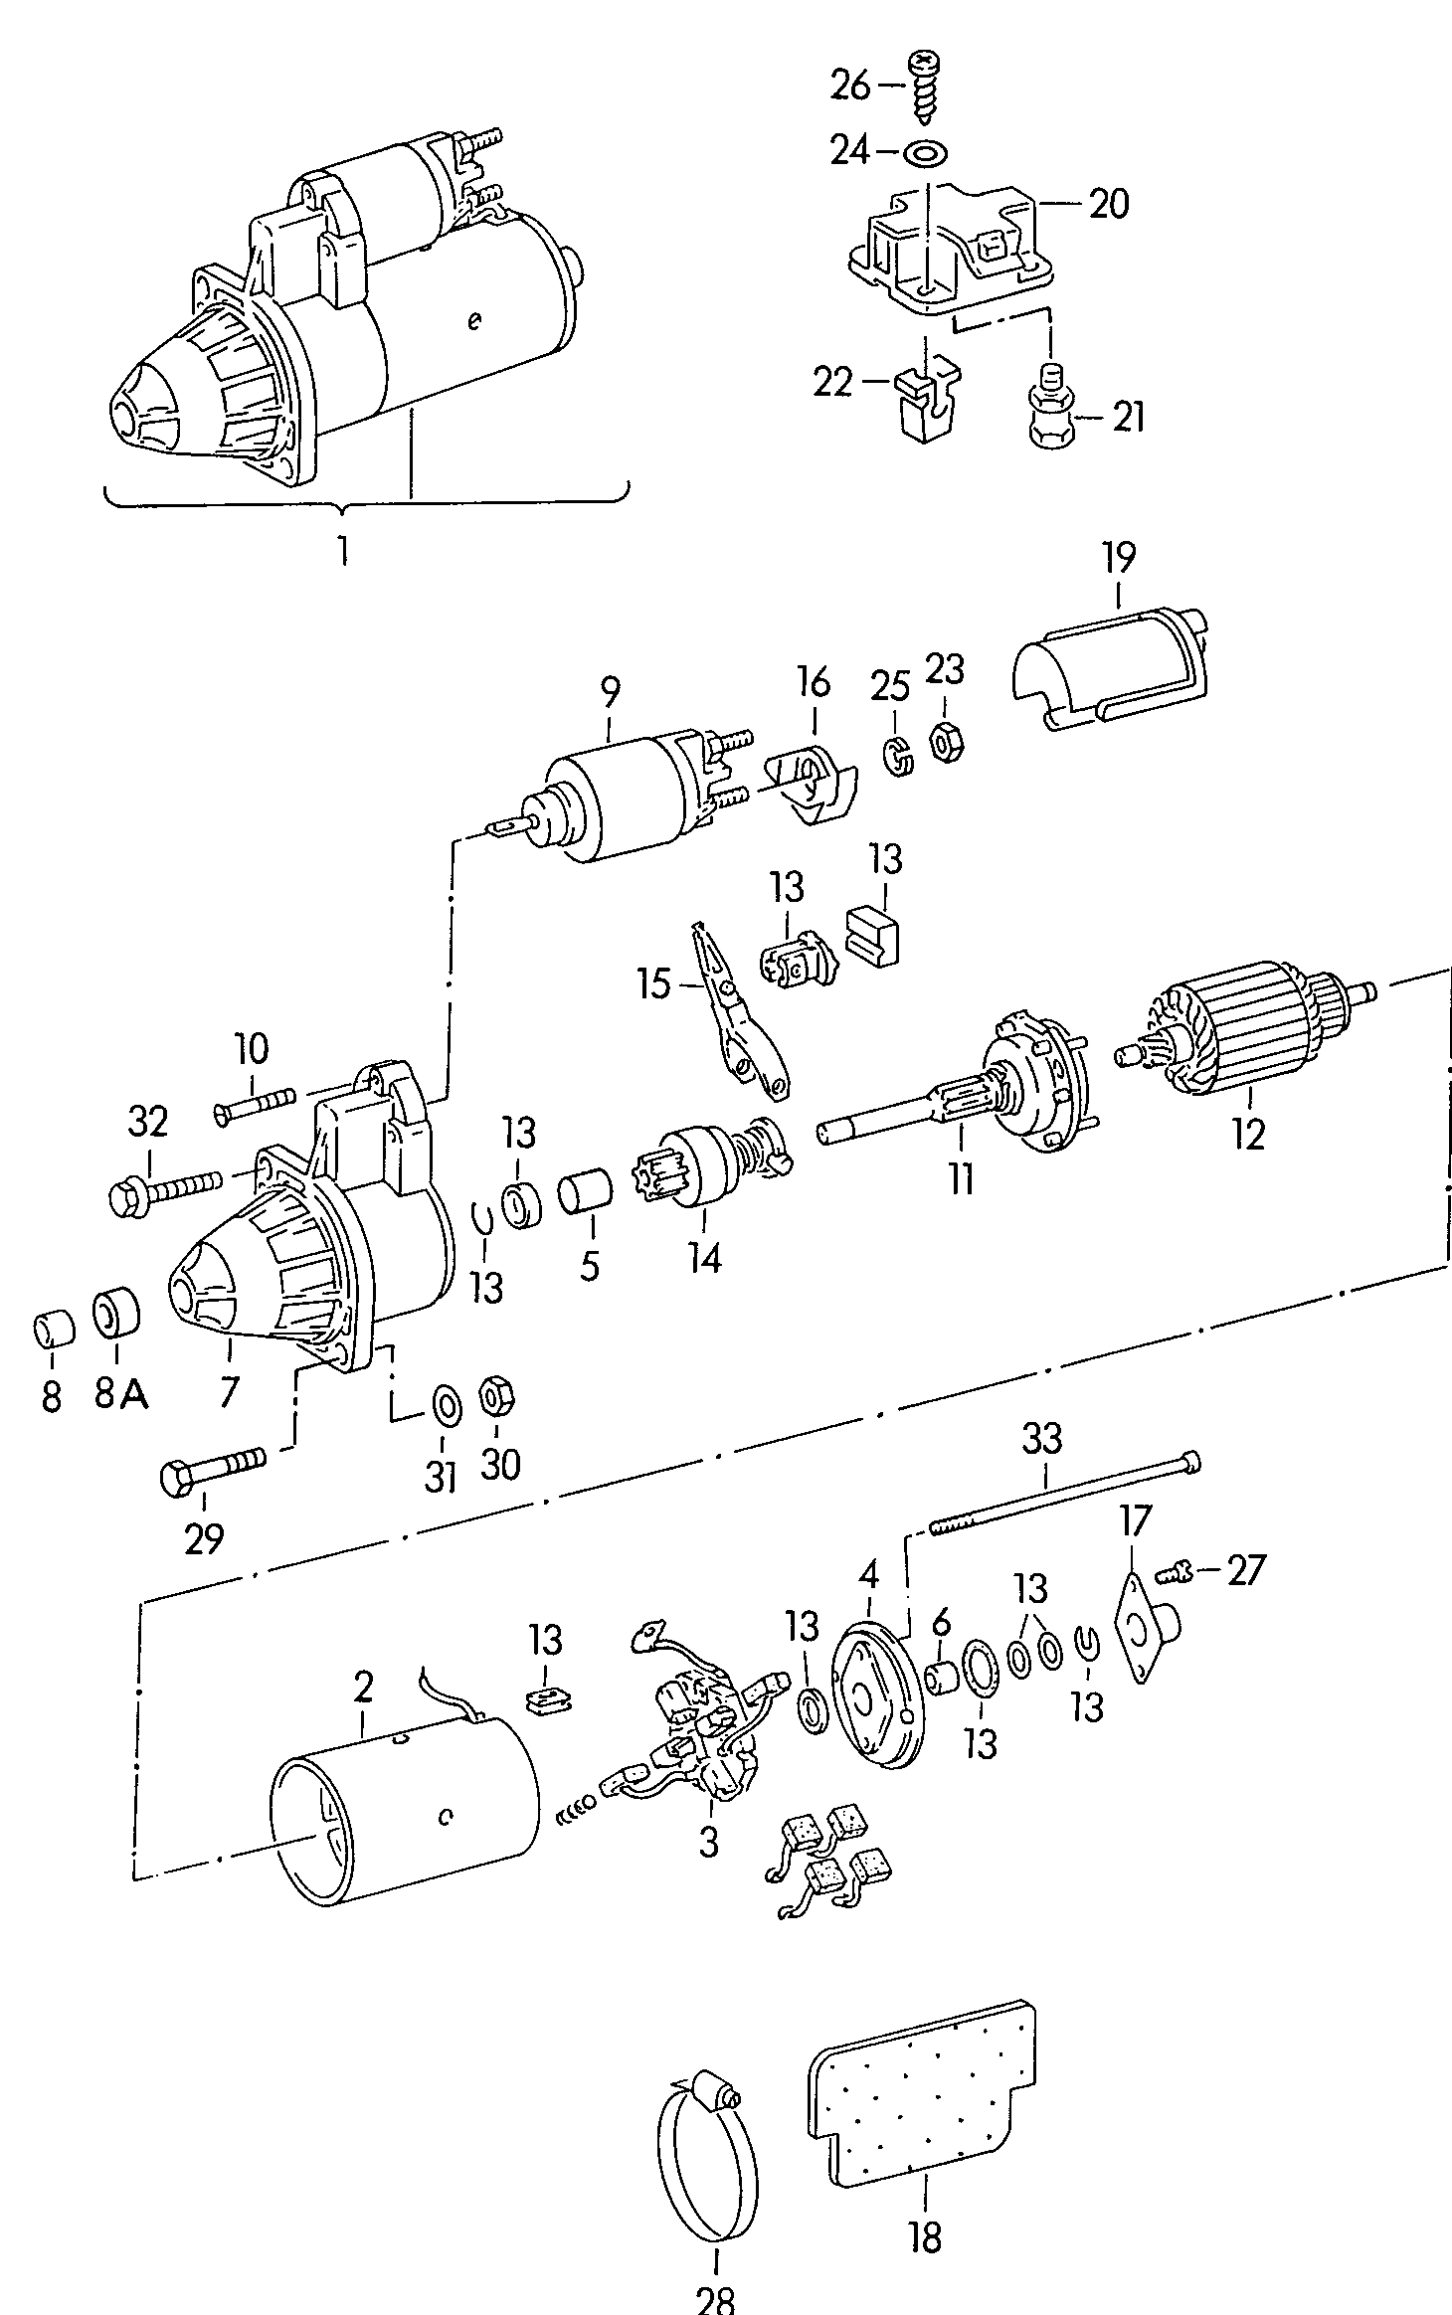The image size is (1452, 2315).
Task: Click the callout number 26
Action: pyautogui.click(x=850, y=87)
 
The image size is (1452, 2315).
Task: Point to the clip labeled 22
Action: pyautogui.click(x=928, y=401)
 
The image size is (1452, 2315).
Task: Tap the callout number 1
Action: pyautogui.click(x=343, y=550)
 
